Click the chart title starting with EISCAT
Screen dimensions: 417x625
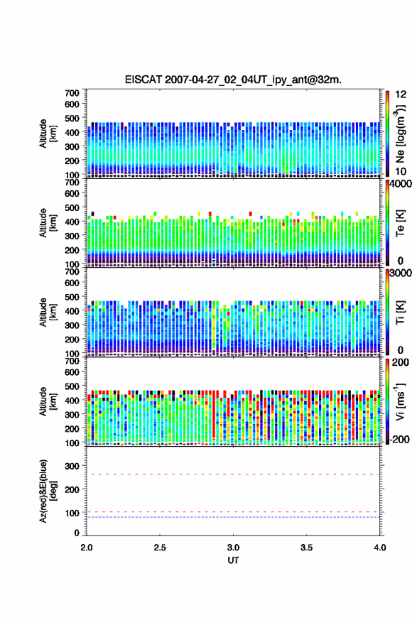coord(233,80)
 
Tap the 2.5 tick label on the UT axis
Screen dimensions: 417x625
coord(160,548)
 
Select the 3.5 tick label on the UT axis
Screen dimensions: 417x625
coord(307,548)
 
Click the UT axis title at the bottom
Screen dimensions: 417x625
coord(233,560)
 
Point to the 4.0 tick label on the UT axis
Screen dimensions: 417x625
coord(380,548)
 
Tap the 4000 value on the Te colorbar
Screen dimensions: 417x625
coord(401,184)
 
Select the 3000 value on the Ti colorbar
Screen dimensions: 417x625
coord(401,273)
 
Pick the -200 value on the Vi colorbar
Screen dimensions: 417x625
coord(399,439)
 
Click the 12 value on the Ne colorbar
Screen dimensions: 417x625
coord(401,94)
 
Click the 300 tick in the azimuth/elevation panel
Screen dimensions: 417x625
coord(72,466)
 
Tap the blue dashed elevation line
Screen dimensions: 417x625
coord(233,517)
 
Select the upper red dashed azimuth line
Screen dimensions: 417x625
coord(233,474)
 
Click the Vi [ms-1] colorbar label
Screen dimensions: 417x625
coord(400,402)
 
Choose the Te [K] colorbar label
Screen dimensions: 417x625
coord(400,223)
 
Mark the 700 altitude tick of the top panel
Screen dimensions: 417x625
coord(72,93)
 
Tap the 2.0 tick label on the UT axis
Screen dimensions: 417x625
coord(87,548)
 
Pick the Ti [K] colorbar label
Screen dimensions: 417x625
coord(400,312)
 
